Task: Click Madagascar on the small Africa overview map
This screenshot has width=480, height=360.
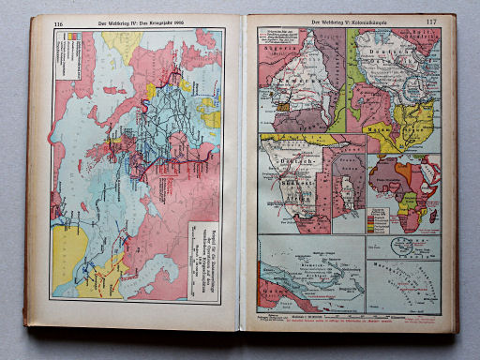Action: [x=432, y=217]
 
